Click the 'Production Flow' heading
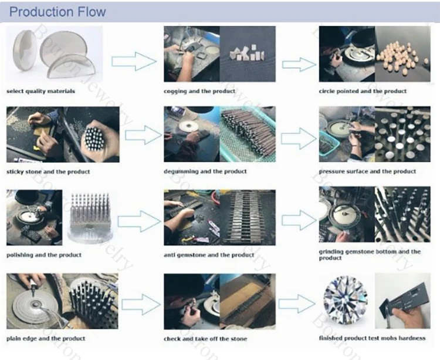pyautogui.click(x=57, y=12)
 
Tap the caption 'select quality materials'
pyautogui.click(x=41, y=91)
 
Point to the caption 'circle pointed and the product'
pyautogui.click(x=363, y=91)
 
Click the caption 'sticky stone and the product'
pyautogui.click(x=48, y=171)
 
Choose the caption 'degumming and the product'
pyautogui.click(x=205, y=171)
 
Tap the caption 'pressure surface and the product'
pyautogui.click(x=367, y=171)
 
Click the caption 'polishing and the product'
pyautogui.click(x=44, y=255)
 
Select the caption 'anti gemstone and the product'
pyautogui.click(x=209, y=255)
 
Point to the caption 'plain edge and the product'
pyautogui.click(x=46, y=338)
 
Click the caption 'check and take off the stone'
pyautogui.click(x=205, y=339)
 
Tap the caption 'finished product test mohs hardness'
pyautogui.click(x=372, y=338)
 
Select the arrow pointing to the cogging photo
pyautogui.click(x=133, y=59)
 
